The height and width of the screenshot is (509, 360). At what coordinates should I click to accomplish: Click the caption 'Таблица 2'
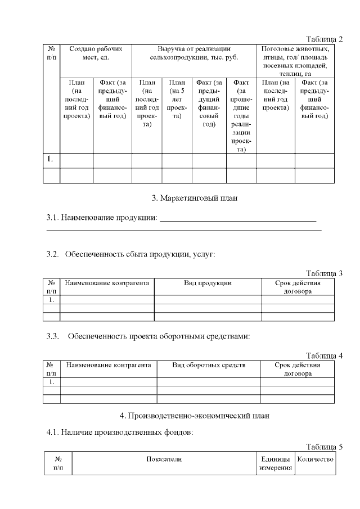[x=324, y=39]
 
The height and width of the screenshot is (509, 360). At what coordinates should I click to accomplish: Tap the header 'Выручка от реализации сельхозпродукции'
[x=194, y=53]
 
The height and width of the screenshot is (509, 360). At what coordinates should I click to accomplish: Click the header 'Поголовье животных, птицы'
[x=295, y=61]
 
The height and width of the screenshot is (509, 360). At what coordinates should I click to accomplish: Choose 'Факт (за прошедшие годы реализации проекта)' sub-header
[x=241, y=116]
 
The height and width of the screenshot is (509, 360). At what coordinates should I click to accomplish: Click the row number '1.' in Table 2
[x=50, y=159]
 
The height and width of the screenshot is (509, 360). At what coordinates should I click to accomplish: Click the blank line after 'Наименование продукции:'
[x=238, y=218]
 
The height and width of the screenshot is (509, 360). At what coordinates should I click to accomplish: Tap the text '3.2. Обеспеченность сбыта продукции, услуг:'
[x=130, y=254]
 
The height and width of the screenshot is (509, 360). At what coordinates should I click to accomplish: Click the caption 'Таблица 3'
[x=324, y=273]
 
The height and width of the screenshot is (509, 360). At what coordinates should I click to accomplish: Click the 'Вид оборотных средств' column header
[x=209, y=365]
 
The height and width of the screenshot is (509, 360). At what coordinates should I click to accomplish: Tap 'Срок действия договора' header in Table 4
[x=298, y=369]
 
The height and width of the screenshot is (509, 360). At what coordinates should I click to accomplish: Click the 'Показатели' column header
[x=164, y=460]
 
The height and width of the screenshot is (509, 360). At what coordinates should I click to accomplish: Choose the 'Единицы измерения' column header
[x=273, y=464]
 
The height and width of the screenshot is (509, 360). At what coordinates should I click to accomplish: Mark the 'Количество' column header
[x=315, y=460]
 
